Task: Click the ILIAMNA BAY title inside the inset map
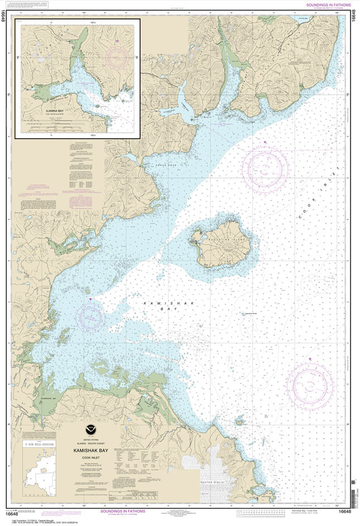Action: (54, 111)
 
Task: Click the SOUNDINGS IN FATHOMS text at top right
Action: (329, 4)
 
